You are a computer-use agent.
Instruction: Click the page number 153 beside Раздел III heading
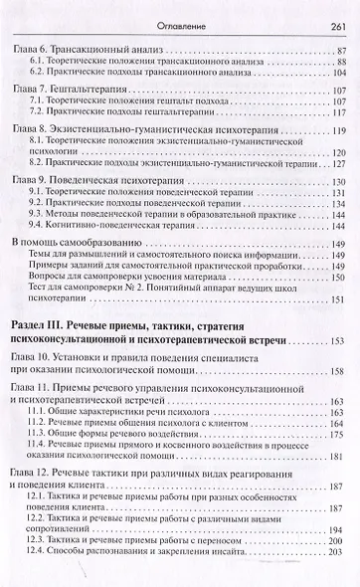click(x=336, y=340)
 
